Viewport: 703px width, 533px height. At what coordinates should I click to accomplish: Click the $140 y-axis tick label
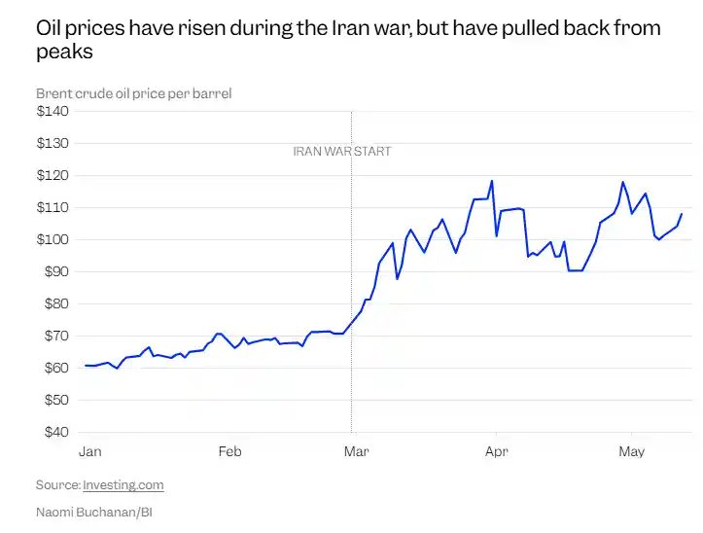(x=53, y=111)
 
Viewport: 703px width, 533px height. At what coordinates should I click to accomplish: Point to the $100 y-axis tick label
(x=53, y=239)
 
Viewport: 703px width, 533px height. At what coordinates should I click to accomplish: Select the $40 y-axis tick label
(x=56, y=432)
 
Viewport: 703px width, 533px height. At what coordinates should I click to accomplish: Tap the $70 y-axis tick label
(x=56, y=336)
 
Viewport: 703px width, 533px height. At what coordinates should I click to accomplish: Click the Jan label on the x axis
(x=90, y=451)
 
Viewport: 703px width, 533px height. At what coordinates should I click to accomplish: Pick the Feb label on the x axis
(x=230, y=451)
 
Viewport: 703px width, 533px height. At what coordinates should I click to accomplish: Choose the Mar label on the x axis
(x=357, y=451)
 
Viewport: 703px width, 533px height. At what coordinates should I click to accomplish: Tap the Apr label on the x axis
(x=496, y=451)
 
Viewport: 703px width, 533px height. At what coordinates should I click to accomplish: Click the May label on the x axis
(x=631, y=451)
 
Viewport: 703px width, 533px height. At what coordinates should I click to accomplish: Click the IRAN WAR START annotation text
(x=342, y=152)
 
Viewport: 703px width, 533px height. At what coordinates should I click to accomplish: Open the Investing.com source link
(x=123, y=485)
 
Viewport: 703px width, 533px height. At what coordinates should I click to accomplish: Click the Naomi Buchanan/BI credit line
(x=94, y=512)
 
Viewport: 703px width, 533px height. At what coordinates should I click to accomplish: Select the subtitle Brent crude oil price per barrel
(x=133, y=93)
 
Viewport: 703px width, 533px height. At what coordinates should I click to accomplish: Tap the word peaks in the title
(x=64, y=52)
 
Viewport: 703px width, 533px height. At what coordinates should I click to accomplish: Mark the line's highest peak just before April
(x=492, y=181)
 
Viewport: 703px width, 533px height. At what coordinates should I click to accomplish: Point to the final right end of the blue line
(x=682, y=214)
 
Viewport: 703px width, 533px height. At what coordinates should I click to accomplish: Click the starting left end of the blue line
(x=86, y=366)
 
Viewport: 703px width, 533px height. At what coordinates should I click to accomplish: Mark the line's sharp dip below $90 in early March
(x=397, y=278)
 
